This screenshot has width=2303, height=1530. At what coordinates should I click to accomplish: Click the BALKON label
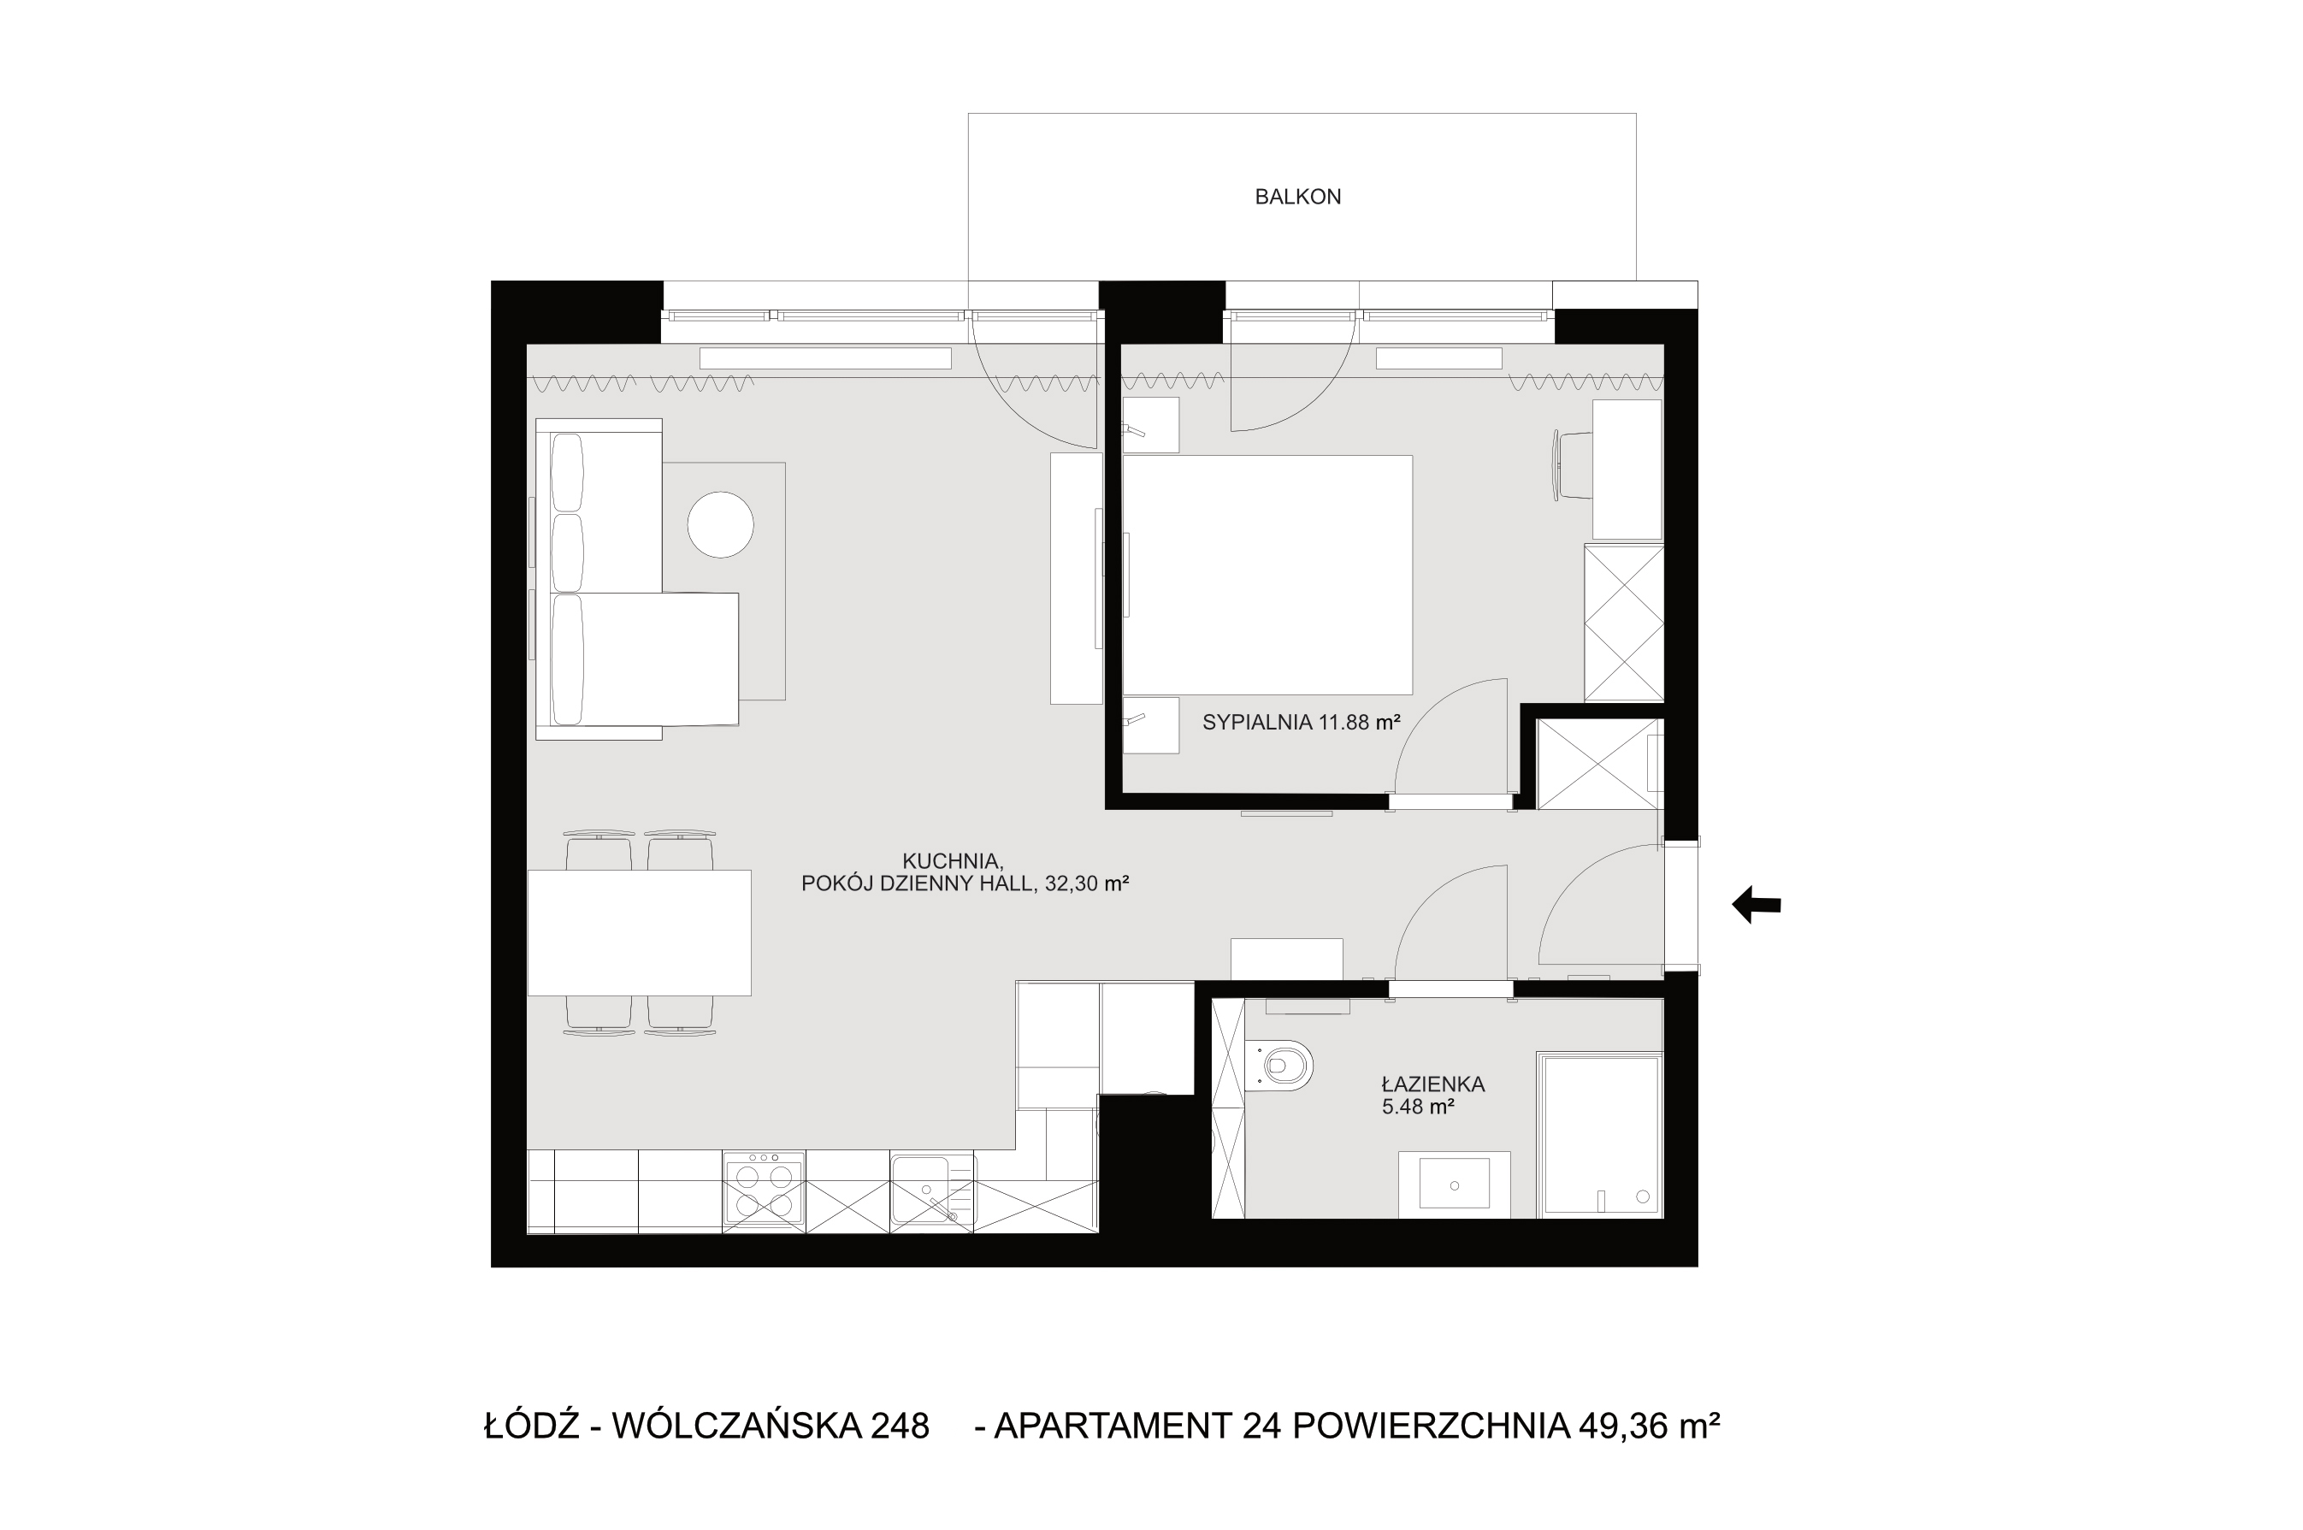(x=1297, y=197)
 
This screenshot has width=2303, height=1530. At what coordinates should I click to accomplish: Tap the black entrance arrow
(x=1756, y=905)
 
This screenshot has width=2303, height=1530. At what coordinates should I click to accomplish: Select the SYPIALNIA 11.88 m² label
(x=1302, y=723)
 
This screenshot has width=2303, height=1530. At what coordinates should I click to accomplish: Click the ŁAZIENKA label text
(x=1433, y=1084)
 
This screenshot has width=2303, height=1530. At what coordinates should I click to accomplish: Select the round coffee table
(x=721, y=525)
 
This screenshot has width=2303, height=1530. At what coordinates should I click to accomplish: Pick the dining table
(x=639, y=933)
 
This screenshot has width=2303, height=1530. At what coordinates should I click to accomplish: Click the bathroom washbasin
(x=1454, y=1184)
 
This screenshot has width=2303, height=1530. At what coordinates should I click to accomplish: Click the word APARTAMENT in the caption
(x=1112, y=1427)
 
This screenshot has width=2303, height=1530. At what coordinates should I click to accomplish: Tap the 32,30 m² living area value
(x=1087, y=884)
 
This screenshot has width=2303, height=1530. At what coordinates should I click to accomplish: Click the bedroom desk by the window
(x=1627, y=470)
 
